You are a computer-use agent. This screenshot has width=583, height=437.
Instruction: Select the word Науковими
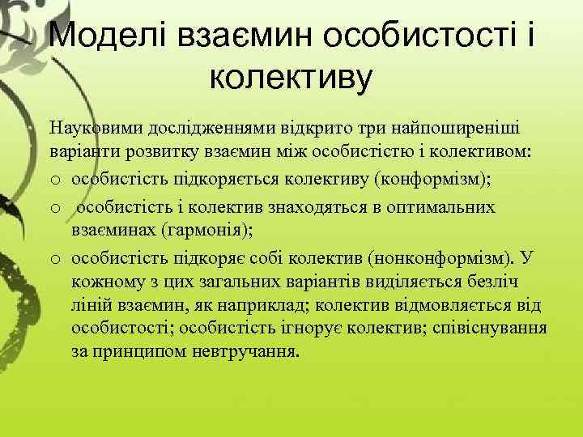coord(91,128)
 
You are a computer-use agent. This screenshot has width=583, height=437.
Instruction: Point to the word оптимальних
coord(447,208)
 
